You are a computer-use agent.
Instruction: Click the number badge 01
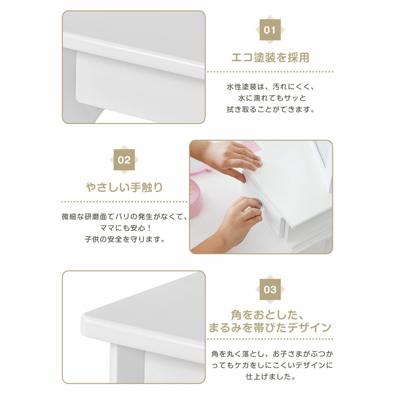270,30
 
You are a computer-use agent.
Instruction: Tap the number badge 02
124,160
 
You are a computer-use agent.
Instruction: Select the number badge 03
270,289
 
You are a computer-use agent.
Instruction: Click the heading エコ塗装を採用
270,57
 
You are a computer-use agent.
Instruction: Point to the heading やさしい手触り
124,187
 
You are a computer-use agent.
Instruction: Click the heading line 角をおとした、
267,315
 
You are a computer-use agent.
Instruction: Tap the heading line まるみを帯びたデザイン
270,327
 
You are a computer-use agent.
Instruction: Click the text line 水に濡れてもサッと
272,98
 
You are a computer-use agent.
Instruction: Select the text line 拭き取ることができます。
271,109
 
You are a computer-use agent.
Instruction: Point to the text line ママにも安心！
126,228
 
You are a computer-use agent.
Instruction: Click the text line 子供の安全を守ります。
125,239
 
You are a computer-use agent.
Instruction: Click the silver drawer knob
260,203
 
